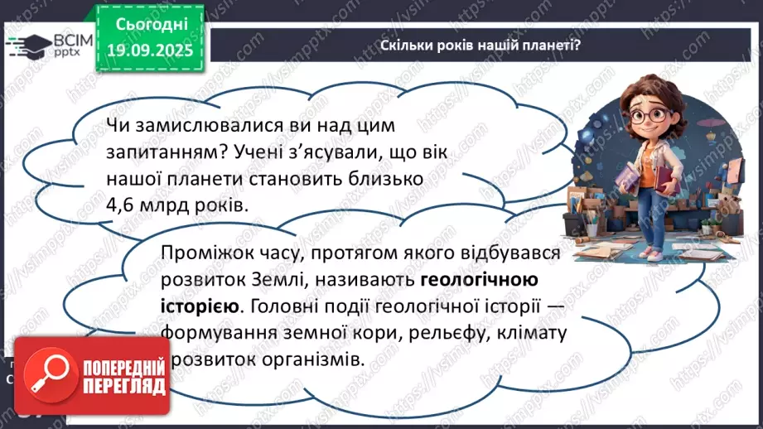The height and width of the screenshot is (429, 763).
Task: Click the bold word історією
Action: tap(198, 306)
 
